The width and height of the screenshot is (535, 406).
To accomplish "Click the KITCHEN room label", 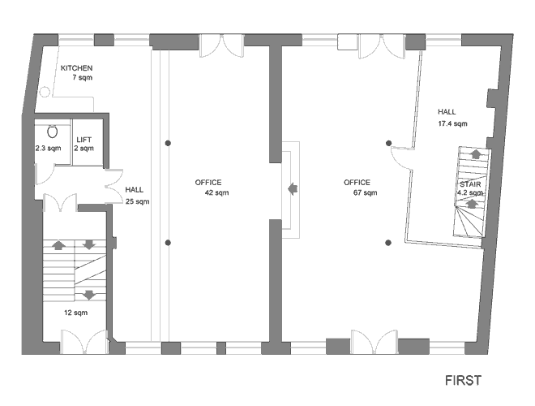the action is pos(76,68).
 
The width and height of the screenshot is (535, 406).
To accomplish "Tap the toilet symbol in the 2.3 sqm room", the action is pos(52,132).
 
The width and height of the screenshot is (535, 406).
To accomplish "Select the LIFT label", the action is pos(84,140).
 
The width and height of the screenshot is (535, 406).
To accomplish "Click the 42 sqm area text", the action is pos(216,192).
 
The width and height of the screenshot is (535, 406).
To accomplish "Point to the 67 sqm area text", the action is pos(366,192).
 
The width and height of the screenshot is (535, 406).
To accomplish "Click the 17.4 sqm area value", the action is pos(452,123).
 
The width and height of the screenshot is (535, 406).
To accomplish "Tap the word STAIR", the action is pos(470,184).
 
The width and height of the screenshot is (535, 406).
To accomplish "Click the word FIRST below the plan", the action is pos(463,380).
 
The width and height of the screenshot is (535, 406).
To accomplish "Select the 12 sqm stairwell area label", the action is pos(75,313).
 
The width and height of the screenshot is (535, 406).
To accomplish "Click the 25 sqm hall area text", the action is pos(138,201).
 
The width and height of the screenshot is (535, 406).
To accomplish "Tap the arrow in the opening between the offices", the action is pos(293,188).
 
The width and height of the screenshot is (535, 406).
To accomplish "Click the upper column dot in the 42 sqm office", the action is pos(168,143).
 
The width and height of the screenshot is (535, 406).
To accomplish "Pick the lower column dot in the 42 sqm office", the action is pos(168,243).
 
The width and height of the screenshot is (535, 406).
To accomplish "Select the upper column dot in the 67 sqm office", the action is pos(388,143).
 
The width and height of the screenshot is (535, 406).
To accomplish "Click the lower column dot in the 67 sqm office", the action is pos(388,243).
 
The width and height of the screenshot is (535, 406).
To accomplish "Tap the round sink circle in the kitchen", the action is pos(45,92).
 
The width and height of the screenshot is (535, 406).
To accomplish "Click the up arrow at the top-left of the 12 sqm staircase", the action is pos(58,244).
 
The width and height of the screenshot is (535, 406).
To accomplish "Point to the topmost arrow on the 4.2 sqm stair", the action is pos(475,153).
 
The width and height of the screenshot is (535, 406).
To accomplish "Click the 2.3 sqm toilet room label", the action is pos(48,149).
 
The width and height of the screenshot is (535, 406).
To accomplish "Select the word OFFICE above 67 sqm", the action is pos(357,183).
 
